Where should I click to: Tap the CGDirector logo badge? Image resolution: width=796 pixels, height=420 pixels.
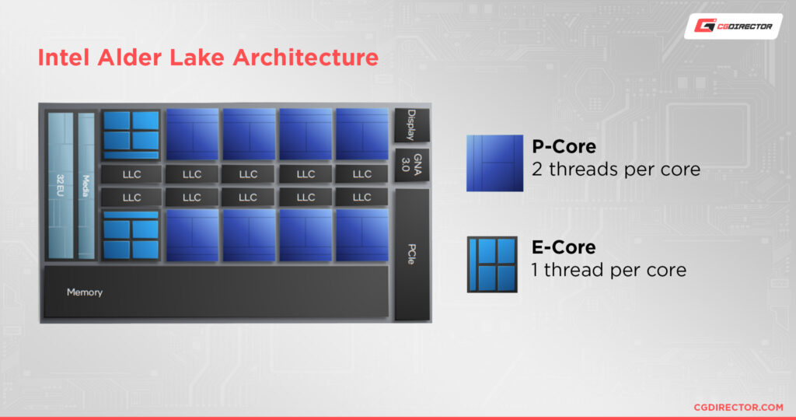[732, 26]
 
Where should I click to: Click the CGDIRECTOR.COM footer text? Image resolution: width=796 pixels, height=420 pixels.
[738, 407]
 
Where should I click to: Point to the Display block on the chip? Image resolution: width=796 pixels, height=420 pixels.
[411, 125]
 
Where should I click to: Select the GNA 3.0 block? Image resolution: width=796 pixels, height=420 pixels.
[411, 164]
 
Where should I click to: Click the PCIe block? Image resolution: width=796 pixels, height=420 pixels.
[411, 254]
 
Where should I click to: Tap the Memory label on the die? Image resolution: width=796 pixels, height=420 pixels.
[85, 292]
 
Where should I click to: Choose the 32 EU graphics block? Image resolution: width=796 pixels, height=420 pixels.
[60, 186]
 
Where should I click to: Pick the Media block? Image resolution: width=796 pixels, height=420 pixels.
[86, 186]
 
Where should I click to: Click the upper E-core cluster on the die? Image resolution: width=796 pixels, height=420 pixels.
[131, 134]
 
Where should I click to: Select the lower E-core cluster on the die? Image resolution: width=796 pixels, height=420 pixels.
[131, 235]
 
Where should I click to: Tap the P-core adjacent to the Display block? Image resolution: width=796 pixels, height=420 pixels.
[361, 134]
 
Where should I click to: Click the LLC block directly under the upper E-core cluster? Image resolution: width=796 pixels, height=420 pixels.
[131, 174]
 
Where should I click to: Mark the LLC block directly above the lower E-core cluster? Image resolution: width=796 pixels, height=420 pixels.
[131, 198]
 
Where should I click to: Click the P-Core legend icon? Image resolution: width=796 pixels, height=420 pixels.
[494, 163]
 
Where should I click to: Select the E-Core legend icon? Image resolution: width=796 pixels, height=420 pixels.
[492, 264]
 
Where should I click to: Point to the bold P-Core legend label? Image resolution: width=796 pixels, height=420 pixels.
[564, 146]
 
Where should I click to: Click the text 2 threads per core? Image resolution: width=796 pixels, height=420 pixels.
[616, 169]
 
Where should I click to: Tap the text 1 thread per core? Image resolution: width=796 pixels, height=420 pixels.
[609, 270]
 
